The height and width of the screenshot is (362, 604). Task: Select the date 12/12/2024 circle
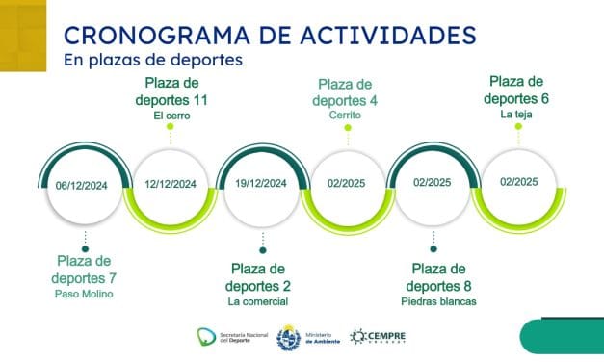click(171, 184)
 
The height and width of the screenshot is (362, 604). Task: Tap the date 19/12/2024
click(260, 184)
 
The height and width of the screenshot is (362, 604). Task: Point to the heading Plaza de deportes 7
click(84, 270)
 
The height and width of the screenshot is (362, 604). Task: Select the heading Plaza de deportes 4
click(344, 90)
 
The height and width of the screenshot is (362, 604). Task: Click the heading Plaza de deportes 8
click(439, 276)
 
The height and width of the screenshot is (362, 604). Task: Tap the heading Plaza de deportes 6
click(518, 90)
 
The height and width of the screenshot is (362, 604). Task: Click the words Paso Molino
click(84, 294)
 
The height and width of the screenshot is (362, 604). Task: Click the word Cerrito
click(344, 116)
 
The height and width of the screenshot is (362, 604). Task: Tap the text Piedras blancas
click(439, 301)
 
